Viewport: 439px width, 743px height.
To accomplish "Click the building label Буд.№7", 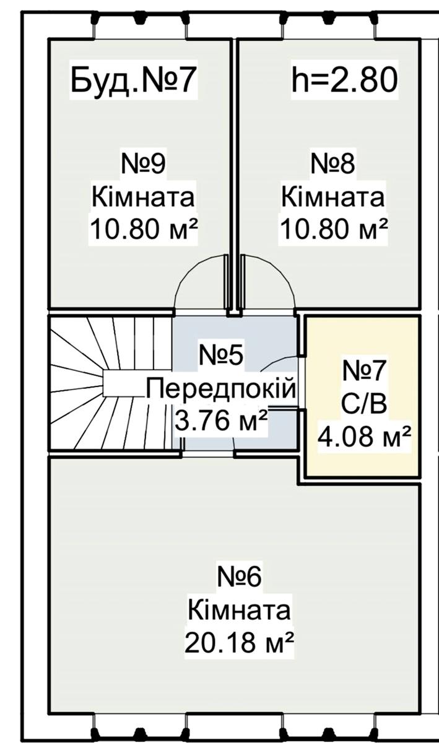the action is click(x=132, y=80).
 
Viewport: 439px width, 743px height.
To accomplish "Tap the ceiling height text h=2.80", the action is click(x=344, y=80).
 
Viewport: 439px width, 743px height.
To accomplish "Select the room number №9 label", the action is click(x=143, y=165).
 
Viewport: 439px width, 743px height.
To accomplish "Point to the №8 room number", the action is click(x=333, y=165).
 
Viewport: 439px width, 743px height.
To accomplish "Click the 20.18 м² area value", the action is click(x=240, y=642).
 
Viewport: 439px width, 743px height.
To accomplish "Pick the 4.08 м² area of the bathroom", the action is click(x=364, y=437).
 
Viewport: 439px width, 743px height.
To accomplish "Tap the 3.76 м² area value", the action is click(x=221, y=420).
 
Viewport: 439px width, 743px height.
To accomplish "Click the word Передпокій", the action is click(x=220, y=389).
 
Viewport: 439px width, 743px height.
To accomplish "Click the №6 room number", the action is click(x=239, y=577).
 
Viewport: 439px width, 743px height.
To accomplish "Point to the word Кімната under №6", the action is click(x=239, y=610).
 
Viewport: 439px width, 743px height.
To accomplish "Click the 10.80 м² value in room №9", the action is click(x=144, y=229).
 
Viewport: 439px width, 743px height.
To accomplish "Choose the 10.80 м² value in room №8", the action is click(x=334, y=229).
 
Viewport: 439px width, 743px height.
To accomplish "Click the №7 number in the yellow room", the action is click(x=364, y=371).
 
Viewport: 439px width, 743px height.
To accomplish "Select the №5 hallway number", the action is click(x=220, y=355).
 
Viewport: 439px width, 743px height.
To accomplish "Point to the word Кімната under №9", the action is click(x=143, y=197).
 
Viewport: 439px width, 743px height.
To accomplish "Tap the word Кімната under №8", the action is click(x=333, y=197).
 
